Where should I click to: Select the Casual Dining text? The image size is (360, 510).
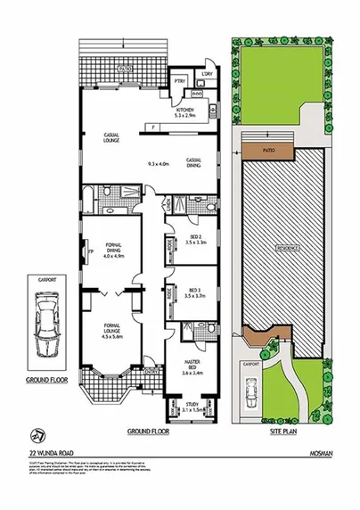(193, 161)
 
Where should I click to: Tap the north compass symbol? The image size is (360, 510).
(35, 434)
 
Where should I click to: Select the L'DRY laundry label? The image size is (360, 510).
(207, 72)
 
